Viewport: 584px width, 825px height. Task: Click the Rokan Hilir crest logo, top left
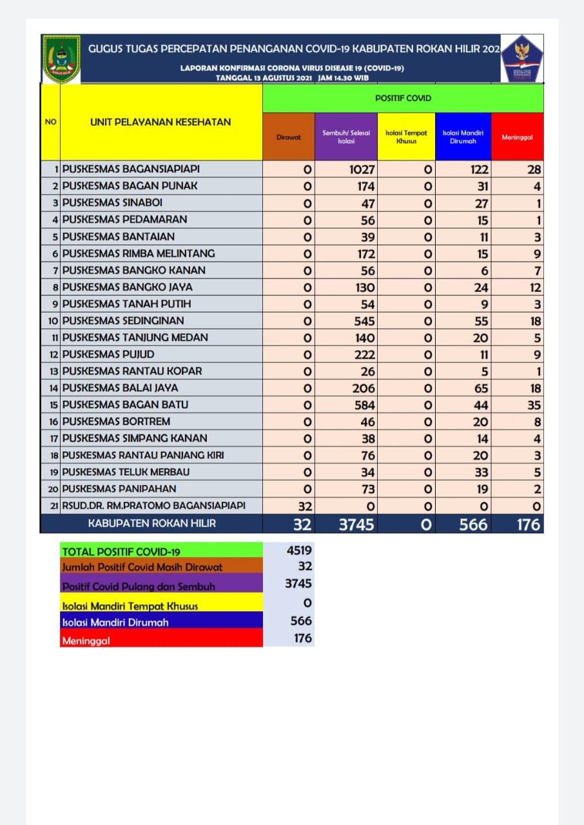(x=62, y=59)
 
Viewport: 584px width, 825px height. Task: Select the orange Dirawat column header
(x=288, y=137)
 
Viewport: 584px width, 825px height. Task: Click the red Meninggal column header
(x=517, y=137)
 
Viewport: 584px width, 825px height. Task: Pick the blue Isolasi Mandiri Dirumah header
(x=463, y=137)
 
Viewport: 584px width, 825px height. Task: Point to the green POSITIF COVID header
(x=403, y=98)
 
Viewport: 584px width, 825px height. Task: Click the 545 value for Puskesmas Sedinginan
(x=363, y=321)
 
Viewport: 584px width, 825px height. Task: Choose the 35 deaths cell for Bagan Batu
(x=534, y=405)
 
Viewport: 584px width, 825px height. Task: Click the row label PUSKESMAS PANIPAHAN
(x=119, y=489)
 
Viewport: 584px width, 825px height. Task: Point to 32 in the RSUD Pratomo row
(x=304, y=506)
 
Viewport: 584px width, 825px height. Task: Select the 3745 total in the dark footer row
(x=356, y=524)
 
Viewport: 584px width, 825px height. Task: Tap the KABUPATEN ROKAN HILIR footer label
(x=152, y=523)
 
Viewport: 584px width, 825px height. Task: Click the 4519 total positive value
(x=299, y=550)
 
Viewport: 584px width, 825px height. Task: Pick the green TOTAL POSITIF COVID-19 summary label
(x=121, y=552)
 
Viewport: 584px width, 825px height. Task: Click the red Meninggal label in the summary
(x=86, y=641)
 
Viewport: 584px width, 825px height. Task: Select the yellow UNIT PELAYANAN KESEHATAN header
(x=161, y=122)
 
